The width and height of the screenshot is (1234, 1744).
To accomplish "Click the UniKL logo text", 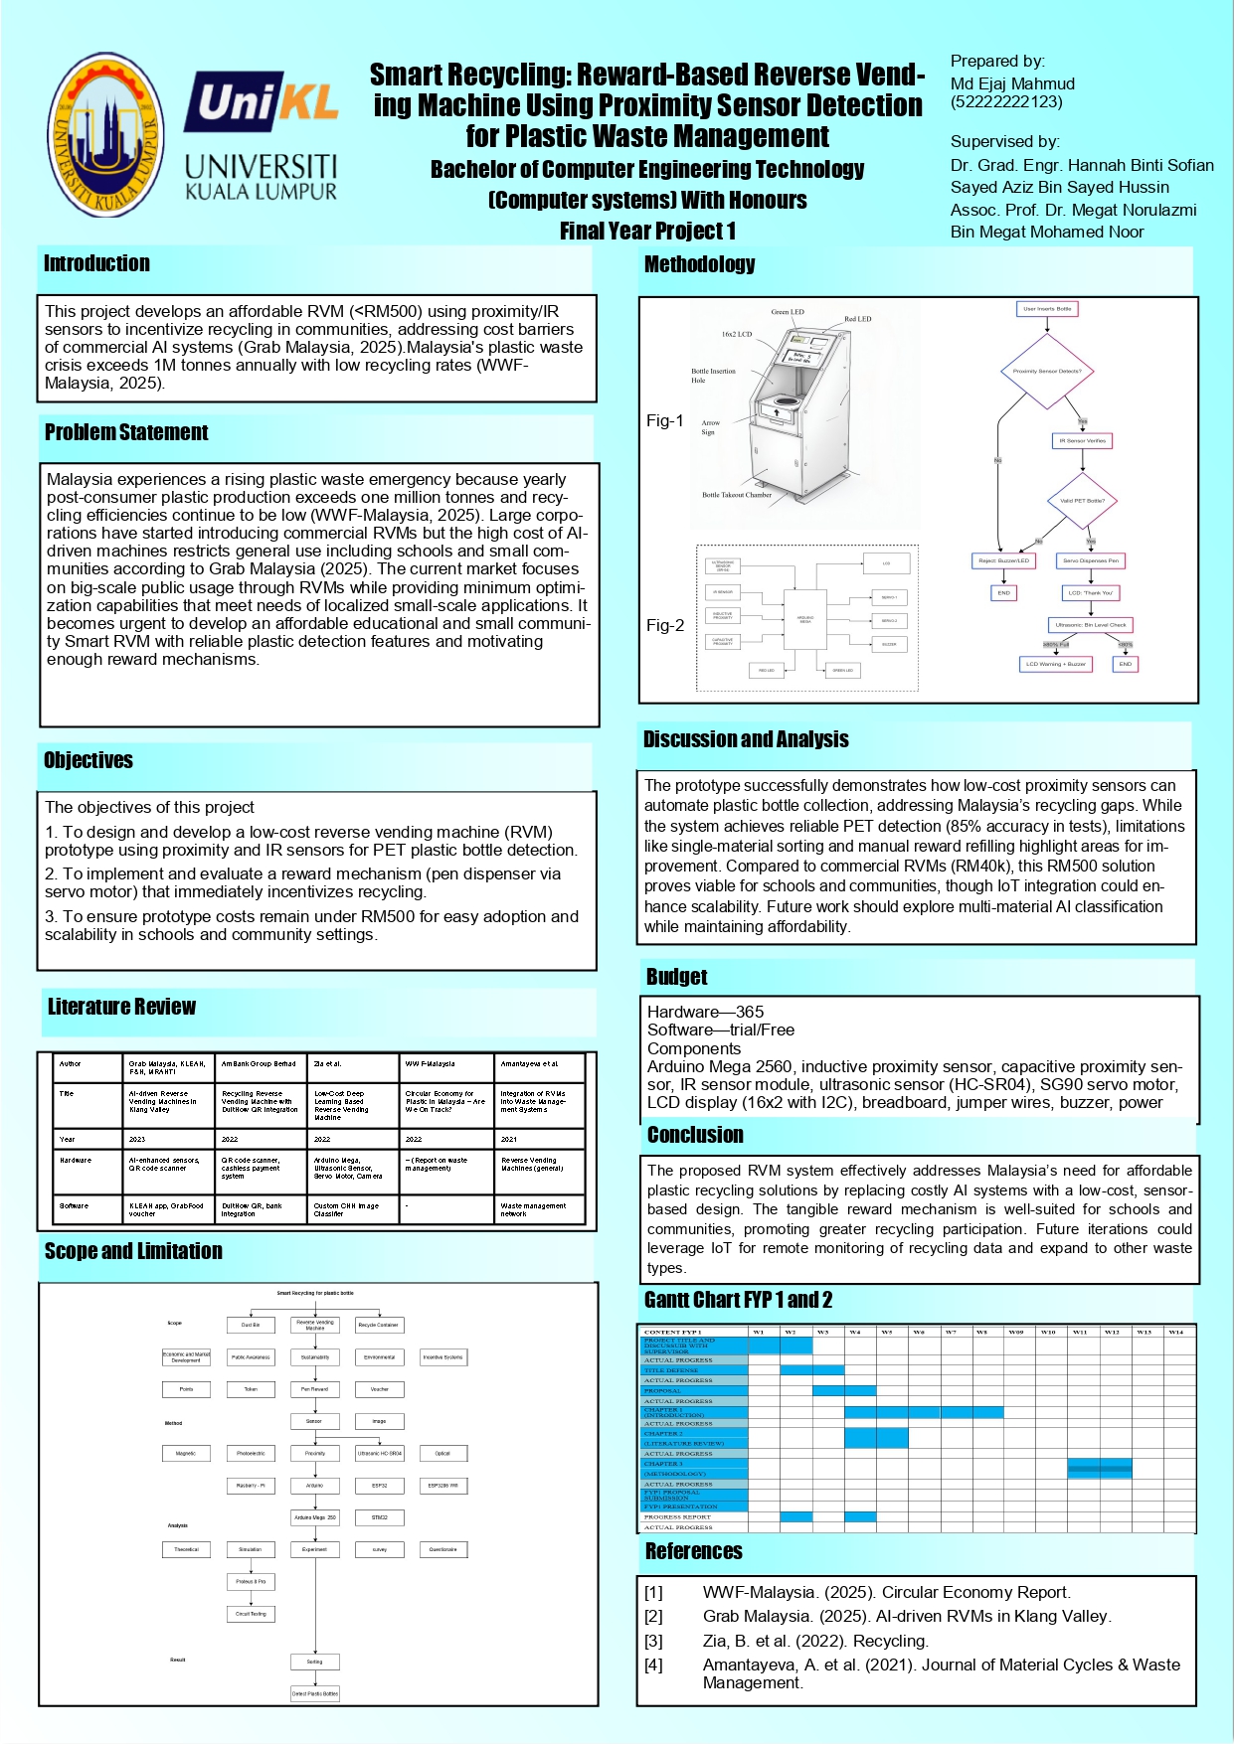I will [261, 102].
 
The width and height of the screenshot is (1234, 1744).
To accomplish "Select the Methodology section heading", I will [699, 264].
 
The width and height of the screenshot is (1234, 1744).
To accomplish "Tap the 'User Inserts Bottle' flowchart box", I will [1047, 309].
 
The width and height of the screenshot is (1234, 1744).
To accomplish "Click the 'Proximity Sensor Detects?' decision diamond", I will [1046, 371].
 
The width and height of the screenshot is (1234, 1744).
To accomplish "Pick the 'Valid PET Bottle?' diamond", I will [1082, 501].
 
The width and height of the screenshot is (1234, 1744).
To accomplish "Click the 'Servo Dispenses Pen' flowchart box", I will [1090, 560].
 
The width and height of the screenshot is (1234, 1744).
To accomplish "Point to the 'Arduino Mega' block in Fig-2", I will [805, 619].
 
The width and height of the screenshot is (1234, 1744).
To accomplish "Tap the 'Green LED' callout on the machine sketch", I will [788, 312].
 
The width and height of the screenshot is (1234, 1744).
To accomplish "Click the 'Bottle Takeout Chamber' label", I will [737, 495].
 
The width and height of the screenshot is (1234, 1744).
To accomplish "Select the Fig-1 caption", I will [664, 420].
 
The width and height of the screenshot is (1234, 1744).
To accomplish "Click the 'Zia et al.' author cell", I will [328, 1063].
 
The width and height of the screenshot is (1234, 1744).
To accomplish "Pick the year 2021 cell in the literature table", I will [509, 1139].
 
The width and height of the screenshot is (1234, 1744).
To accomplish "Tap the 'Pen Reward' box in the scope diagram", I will [314, 1389].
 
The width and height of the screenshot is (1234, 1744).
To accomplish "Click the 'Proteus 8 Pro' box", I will [251, 1581].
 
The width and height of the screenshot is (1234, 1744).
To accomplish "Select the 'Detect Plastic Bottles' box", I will [314, 1693].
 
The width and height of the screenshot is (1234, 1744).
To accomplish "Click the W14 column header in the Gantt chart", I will [1176, 1332].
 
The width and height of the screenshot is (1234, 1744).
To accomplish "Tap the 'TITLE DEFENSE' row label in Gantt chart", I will [671, 1370].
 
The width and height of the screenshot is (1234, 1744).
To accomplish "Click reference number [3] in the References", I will [653, 1641].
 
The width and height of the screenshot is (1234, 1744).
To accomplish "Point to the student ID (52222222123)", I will [1006, 101].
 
